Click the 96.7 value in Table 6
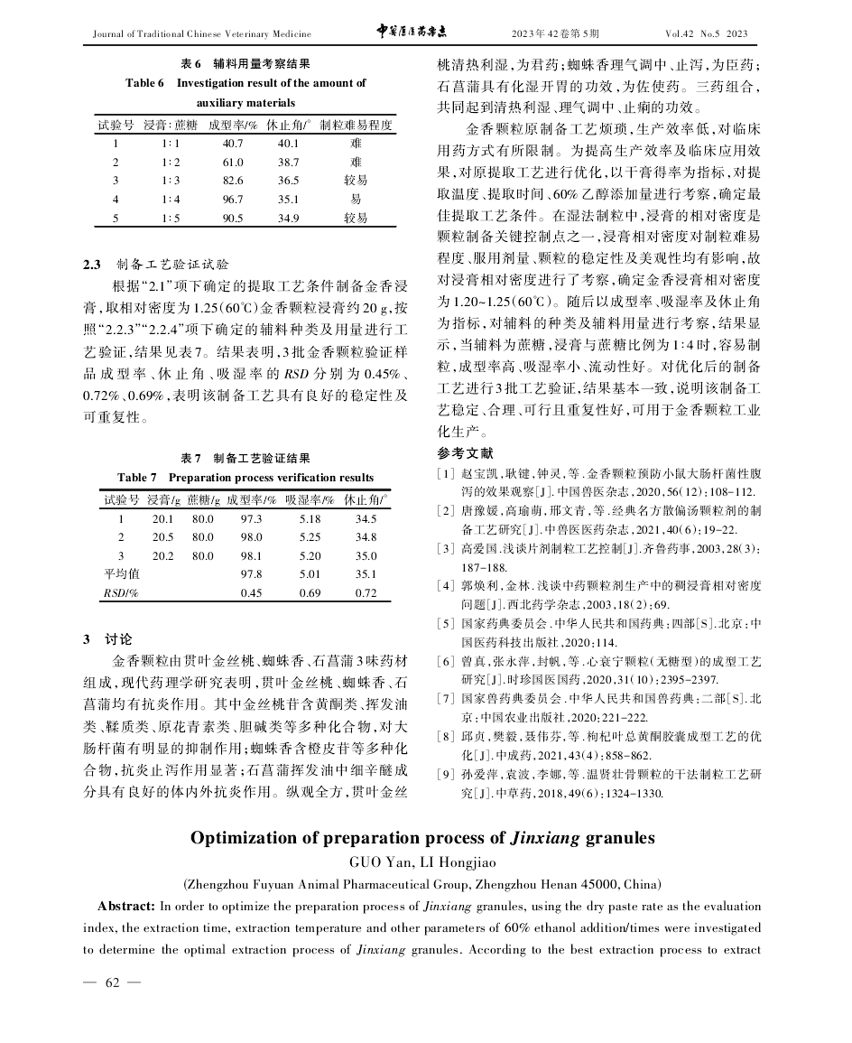click(233, 199)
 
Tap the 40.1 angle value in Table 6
click(290, 143)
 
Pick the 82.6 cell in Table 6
click(233, 181)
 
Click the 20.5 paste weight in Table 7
click(162, 536)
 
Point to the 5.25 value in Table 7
click(310, 536)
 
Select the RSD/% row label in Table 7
click(119, 592)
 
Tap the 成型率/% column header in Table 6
click(233, 124)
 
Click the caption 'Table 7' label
click(137, 477)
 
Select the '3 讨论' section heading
click(106, 638)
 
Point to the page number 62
click(112, 982)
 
